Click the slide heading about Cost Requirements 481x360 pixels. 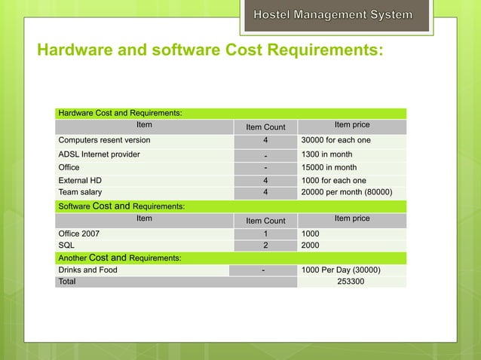coord(210,50)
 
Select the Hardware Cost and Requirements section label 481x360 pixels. coord(119,113)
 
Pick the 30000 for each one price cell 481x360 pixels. coord(335,140)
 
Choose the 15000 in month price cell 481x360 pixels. coord(330,167)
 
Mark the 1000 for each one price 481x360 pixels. coord(333,181)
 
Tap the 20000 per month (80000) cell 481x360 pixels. coord(346,192)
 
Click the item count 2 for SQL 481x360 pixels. coord(265,245)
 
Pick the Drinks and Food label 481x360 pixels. coord(87,270)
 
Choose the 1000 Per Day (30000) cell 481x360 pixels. coord(340,270)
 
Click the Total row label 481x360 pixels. coord(67,282)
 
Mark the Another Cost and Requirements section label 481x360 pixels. coord(119,258)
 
